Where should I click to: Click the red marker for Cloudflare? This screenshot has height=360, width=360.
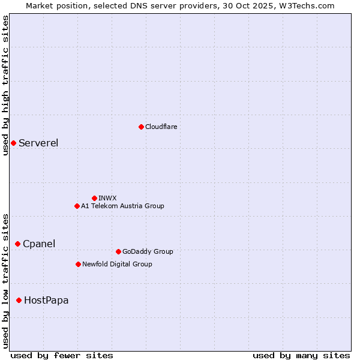pyautogui.click(x=141, y=127)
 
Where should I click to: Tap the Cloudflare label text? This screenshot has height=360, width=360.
pyautogui.click(x=161, y=127)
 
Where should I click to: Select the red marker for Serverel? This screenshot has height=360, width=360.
pyautogui.click(x=13, y=143)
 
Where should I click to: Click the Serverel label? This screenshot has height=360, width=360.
pyautogui.click(x=38, y=143)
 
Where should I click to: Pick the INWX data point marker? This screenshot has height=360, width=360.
pyautogui.click(x=94, y=198)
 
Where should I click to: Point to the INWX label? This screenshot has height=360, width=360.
pyautogui.click(x=107, y=198)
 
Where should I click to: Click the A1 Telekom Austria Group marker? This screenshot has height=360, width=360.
pyautogui.click(x=77, y=206)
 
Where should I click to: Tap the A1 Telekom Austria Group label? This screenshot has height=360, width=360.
pyautogui.click(x=122, y=206)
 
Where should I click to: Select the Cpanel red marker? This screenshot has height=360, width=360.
pyautogui.click(x=17, y=244)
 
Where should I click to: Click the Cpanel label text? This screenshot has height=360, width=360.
pyautogui.click(x=39, y=244)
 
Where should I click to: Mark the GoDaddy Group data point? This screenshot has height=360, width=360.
pyautogui.click(x=118, y=251)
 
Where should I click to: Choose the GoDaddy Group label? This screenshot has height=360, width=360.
pyautogui.click(x=148, y=251)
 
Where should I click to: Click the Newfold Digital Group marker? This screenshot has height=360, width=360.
pyautogui.click(x=78, y=264)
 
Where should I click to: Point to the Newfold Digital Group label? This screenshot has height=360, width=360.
pyautogui.click(x=117, y=264)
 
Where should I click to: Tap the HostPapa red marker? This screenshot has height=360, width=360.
pyautogui.click(x=19, y=300)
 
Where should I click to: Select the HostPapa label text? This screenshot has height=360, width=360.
pyautogui.click(x=46, y=300)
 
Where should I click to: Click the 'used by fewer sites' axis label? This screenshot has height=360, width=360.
pyautogui.click(x=62, y=355)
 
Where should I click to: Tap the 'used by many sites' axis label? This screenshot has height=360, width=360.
pyautogui.click(x=301, y=355)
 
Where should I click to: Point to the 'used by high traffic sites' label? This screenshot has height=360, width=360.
pyautogui.click(x=5, y=85)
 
